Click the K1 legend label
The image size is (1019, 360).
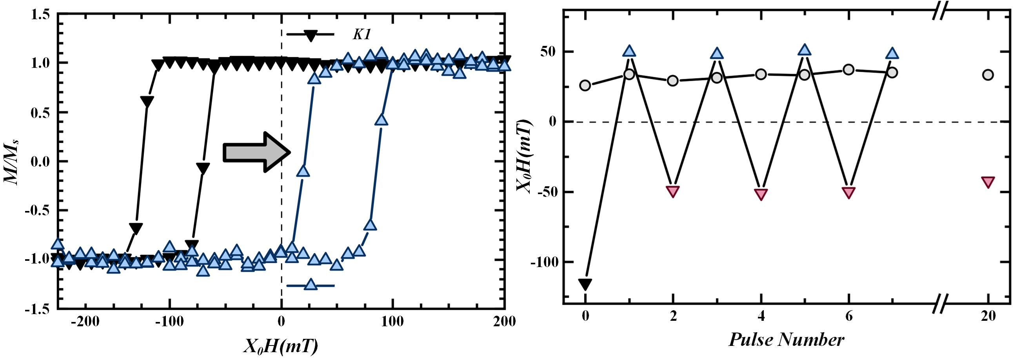[x=361, y=35]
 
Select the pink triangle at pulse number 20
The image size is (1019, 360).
[x=988, y=182]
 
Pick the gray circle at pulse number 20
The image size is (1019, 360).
[x=988, y=75]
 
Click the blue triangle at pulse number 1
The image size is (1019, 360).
[x=629, y=51]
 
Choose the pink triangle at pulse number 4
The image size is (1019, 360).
[x=761, y=194]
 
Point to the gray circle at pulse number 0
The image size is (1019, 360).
[x=585, y=85]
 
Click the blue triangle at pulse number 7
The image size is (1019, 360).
[x=892, y=53]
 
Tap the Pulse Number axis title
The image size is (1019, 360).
[x=787, y=340]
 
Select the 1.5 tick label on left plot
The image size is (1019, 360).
[x=41, y=15]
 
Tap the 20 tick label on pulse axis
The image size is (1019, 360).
[x=988, y=316]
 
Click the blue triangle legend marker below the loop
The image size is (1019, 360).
[x=311, y=284]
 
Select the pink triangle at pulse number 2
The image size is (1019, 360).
[x=673, y=191]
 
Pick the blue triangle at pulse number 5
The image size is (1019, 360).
[x=805, y=50]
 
